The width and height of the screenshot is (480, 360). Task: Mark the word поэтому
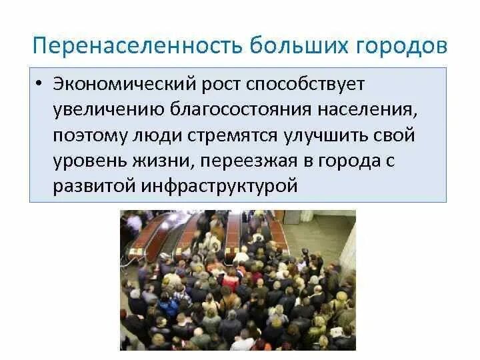(87, 136)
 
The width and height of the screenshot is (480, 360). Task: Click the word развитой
(93, 186)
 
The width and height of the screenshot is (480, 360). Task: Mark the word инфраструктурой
(218, 186)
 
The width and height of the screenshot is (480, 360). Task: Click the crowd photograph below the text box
(237, 280)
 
